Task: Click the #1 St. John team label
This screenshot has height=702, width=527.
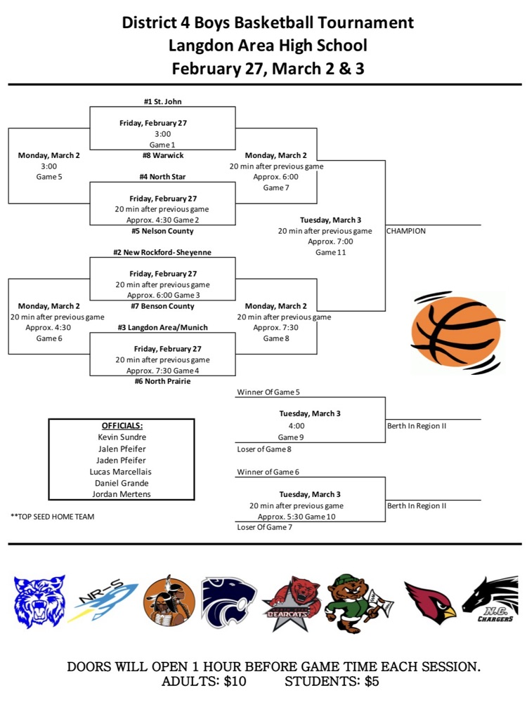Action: tap(162, 102)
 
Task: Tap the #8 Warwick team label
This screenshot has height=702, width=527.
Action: tap(162, 155)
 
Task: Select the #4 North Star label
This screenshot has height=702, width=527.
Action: tap(162, 177)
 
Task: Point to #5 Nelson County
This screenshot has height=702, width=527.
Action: tap(162, 231)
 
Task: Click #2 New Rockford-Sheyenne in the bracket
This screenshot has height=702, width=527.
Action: tap(162, 252)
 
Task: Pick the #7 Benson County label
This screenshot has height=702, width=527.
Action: tap(162, 306)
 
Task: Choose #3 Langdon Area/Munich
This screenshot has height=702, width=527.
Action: tap(162, 327)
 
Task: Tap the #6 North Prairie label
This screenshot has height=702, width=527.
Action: tap(162, 381)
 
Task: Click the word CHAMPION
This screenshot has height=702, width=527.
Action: tap(406, 231)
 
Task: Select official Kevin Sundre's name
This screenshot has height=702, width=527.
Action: tap(122, 437)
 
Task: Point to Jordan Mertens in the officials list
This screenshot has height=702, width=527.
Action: tap(122, 494)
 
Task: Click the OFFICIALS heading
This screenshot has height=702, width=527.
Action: tap(122, 425)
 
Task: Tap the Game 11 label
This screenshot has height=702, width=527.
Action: tap(330, 252)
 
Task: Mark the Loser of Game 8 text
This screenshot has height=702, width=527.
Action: tap(264, 448)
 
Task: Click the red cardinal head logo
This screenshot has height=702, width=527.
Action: tap(430, 602)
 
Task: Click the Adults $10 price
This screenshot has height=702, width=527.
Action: tap(204, 682)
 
